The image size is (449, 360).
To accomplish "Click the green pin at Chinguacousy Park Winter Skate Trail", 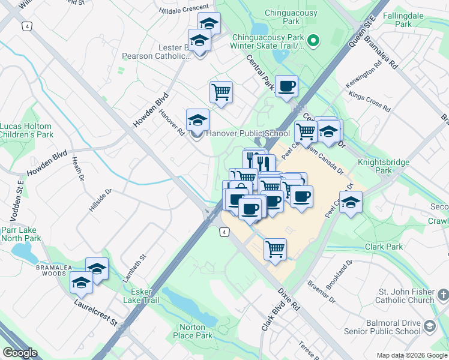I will (x=312, y=41).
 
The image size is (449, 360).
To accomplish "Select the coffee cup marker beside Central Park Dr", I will (x=286, y=86).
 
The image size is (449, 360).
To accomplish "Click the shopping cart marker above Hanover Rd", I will (x=221, y=92).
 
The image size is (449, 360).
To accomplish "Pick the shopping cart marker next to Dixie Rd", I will (x=275, y=248).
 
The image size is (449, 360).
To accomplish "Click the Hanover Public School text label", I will (x=248, y=133).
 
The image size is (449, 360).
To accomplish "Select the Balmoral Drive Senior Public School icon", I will (x=429, y=326).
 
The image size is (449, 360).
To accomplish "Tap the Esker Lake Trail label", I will (x=141, y=295).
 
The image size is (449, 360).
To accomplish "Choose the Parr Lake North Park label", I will (x=20, y=233).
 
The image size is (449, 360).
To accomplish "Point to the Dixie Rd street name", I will (x=289, y=298).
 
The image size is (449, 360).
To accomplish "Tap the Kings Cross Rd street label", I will (x=369, y=102).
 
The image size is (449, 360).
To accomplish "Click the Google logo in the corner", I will (x=20, y=353).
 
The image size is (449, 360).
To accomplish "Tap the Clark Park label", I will (x=384, y=247).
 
